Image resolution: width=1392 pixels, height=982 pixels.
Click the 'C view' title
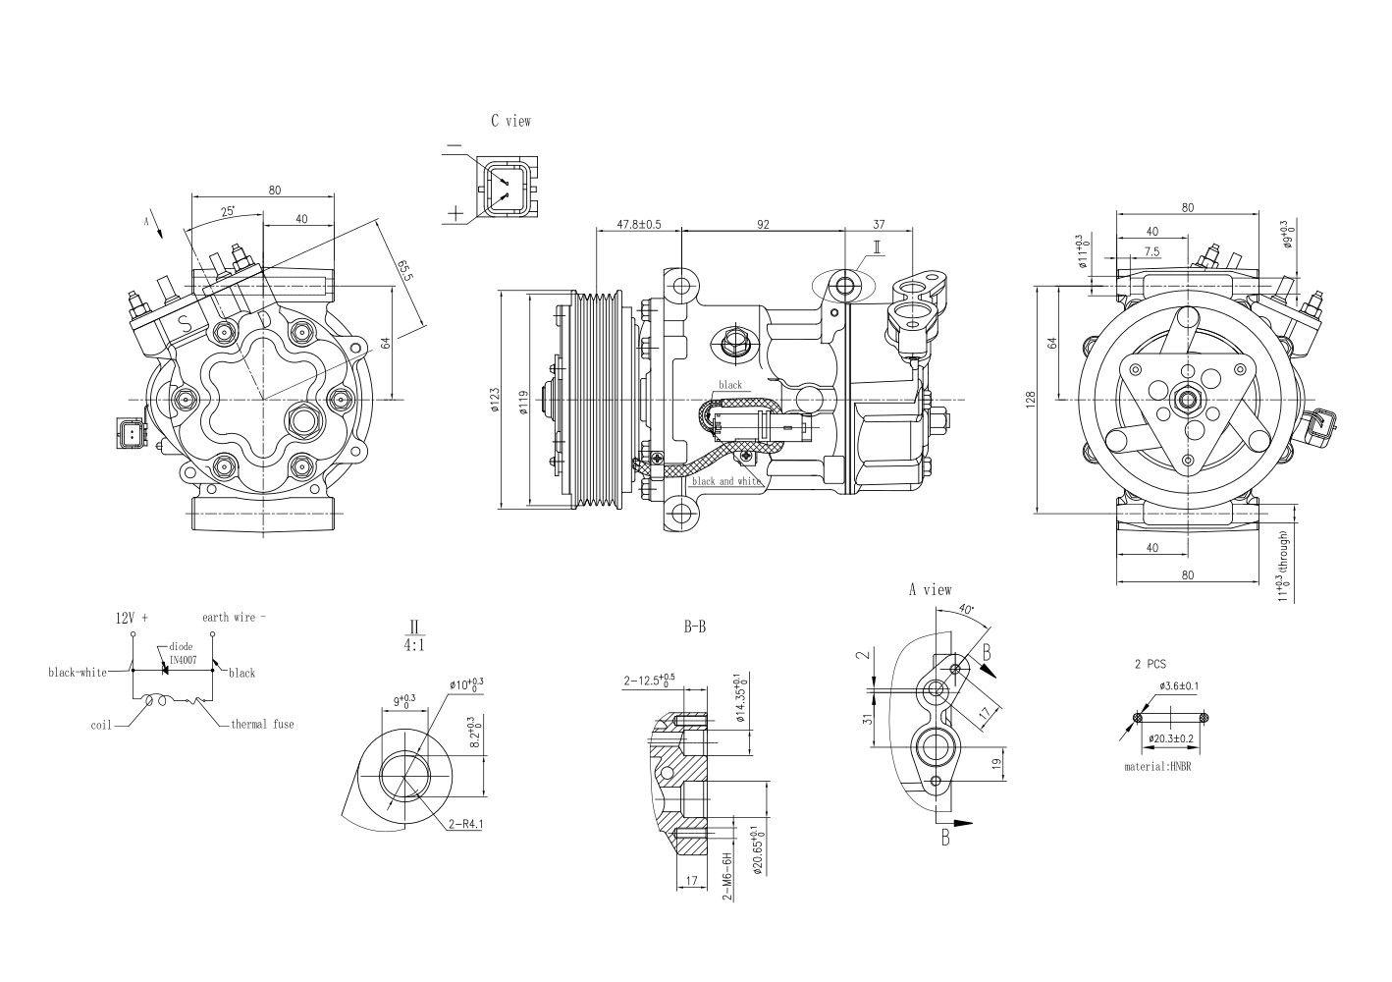coord(510,121)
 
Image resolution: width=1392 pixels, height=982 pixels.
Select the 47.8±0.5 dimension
coord(638,224)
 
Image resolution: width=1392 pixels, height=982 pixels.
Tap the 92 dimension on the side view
coord(762,224)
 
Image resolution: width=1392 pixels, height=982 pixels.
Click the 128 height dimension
coord(1032,400)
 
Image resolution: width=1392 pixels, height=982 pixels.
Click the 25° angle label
coord(227,211)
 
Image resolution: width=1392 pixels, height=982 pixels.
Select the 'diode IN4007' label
coord(183,653)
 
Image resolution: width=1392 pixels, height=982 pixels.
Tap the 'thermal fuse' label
coord(262,724)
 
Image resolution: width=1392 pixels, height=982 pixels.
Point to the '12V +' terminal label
coord(132,618)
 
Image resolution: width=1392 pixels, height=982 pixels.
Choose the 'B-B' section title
coord(694,627)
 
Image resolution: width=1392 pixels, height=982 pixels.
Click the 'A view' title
coord(929,589)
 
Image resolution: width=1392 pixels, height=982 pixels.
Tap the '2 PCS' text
coord(1150,664)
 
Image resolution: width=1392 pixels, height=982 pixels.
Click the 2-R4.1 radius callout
coord(465,824)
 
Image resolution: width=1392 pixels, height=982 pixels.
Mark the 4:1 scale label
coord(413,645)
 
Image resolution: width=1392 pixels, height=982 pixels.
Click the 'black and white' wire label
coord(726,481)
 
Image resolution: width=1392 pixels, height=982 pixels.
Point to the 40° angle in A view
coord(967,610)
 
